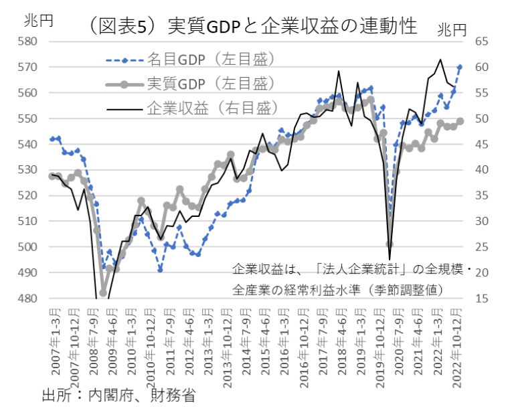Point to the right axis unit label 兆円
tap(453, 29)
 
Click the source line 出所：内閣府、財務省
tap(119, 394)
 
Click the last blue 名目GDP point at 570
tap(460, 67)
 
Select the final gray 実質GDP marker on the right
tap(460, 121)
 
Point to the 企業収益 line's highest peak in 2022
tap(440, 60)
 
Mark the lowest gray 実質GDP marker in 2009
tap(103, 293)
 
